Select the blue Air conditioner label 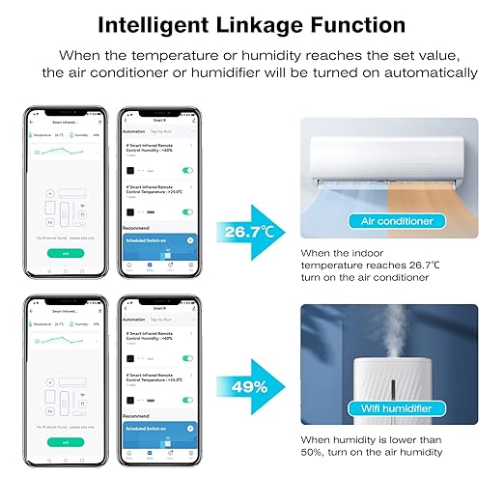pos(397,221)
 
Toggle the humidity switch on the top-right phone pos(187,170)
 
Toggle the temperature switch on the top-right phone pos(187,211)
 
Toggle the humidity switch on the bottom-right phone pos(187,358)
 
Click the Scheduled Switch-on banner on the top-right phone pos(158,240)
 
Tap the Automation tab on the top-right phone pos(134,131)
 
